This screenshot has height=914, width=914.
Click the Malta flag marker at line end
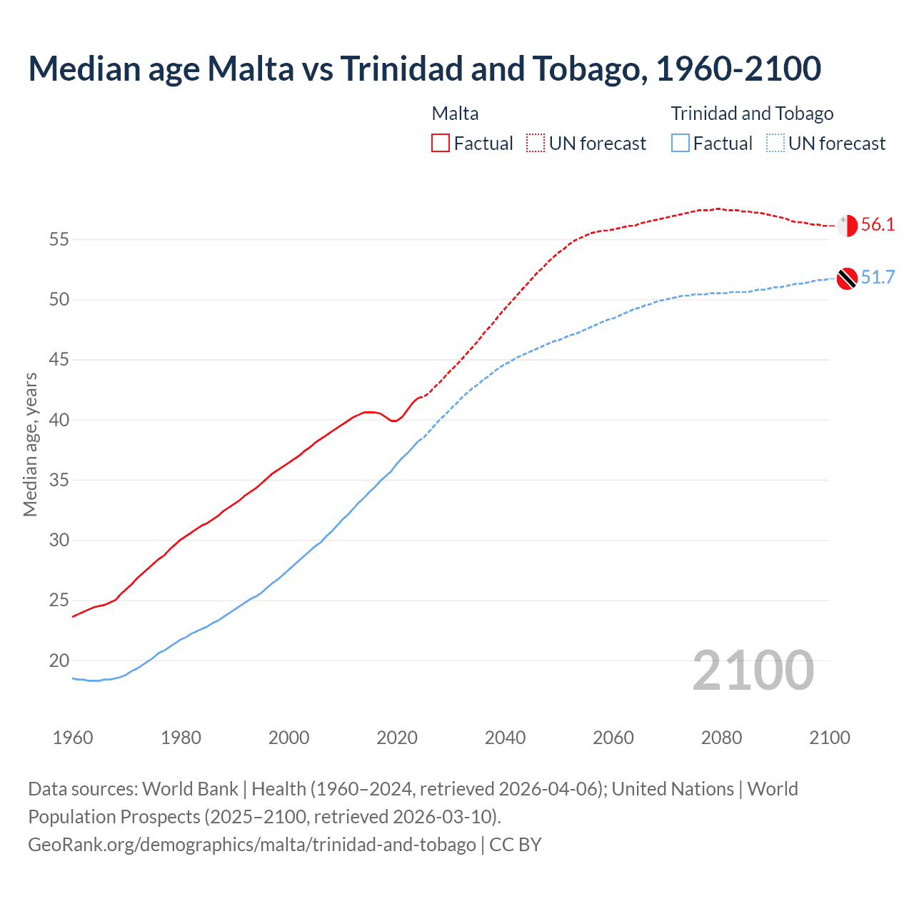pos(847,225)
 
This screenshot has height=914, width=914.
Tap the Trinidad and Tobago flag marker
pos(847,278)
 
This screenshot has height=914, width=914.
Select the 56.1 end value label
pos(878,225)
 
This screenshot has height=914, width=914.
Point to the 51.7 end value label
pos(878,278)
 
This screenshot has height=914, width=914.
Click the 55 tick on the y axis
pos(59,239)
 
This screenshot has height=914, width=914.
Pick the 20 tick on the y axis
pos(59,661)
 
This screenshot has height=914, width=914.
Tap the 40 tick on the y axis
pos(59,420)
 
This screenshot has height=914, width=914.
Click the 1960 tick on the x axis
pos(73,738)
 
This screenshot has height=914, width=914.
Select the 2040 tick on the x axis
pos(505,738)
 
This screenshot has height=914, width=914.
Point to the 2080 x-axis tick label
pos(721,738)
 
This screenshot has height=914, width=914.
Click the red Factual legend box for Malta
pos(441,144)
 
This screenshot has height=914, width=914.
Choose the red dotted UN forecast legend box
pos(536,144)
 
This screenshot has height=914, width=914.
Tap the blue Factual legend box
pos(681,144)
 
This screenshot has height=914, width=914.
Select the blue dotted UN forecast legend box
pos(775,144)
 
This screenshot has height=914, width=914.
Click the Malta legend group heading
pos(455,114)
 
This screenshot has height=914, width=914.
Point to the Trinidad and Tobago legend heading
pos(752,114)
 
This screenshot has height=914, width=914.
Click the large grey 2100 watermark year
pos(753,671)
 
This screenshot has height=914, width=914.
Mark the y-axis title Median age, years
pos(30,444)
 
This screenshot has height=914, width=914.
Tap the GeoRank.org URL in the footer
pos(251,845)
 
